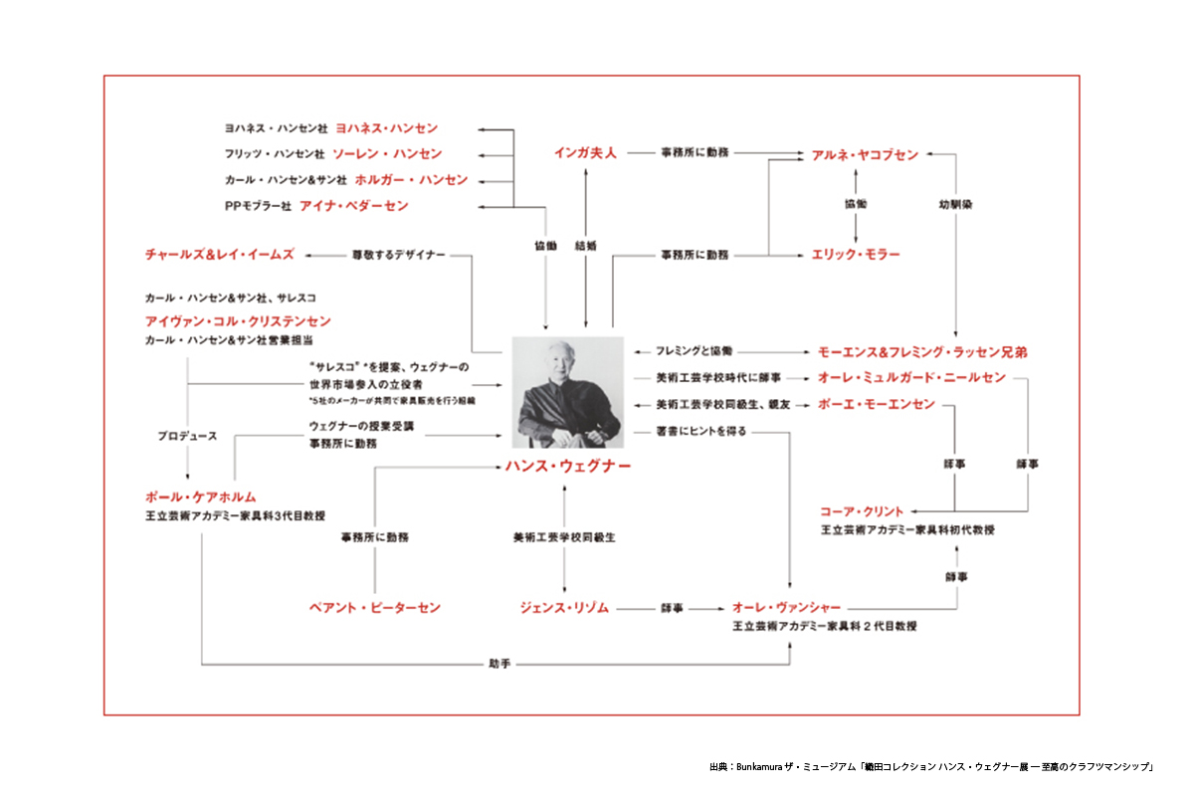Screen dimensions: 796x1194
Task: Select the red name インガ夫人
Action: [585, 153]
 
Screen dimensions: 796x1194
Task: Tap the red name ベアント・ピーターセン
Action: [374, 607]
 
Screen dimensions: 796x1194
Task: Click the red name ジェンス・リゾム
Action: [563, 607]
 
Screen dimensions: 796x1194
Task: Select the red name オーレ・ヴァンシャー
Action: [786, 607]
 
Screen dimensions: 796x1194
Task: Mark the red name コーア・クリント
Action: [862, 511]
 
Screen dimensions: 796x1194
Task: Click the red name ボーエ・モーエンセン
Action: [876, 404]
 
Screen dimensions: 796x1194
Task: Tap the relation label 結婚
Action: [586, 245]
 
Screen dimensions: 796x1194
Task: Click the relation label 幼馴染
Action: [955, 204]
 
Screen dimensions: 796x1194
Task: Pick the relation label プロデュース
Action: [187, 436]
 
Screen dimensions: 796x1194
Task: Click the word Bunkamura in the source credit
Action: [761, 767]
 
